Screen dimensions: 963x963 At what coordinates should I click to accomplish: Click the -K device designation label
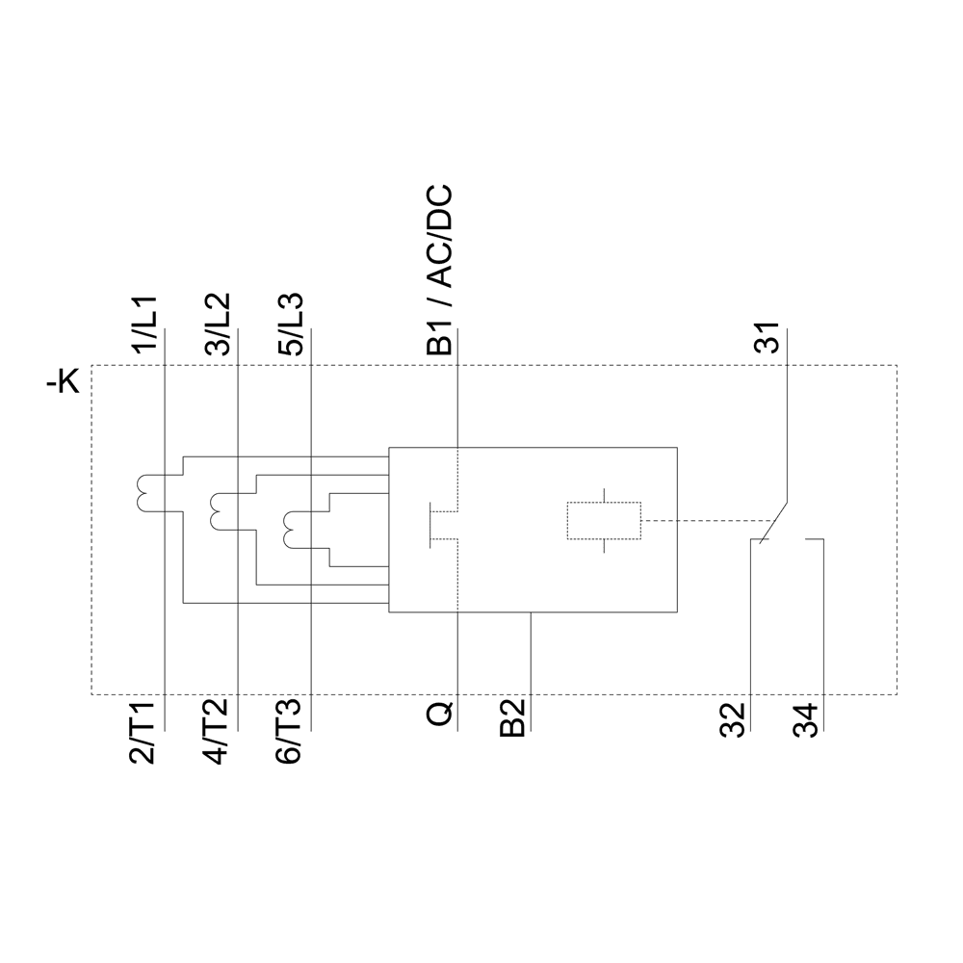click(x=65, y=383)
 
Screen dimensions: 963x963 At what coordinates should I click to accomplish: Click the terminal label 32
click(x=733, y=721)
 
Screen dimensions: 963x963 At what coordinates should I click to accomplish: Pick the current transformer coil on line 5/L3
click(x=293, y=527)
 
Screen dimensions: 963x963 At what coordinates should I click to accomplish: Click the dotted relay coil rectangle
click(x=604, y=521)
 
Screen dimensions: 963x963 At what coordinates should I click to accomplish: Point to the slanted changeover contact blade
click(x=776, y=521)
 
